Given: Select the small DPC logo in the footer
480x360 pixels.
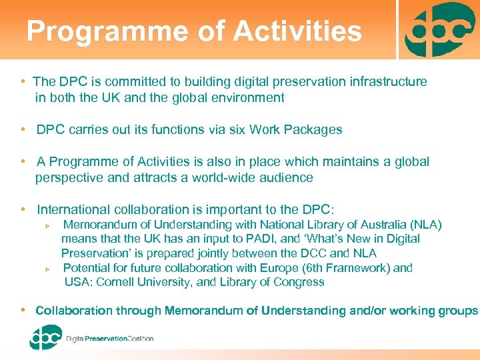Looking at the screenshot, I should tap(45, 337).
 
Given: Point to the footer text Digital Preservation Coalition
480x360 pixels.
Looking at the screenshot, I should tap(110, 339).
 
